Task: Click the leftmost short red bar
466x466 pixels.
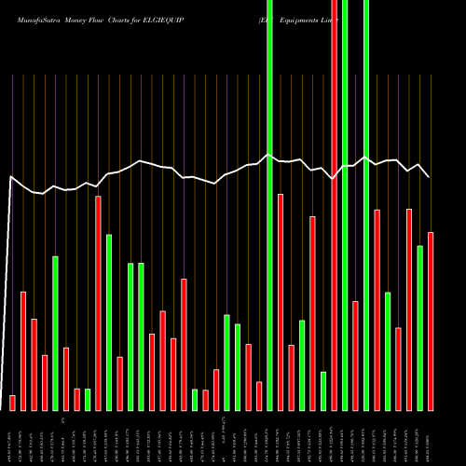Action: (x=12, y=403)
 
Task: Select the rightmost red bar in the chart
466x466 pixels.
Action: (x=431, y=321)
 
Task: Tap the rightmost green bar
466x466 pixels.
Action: (x=419, y=327)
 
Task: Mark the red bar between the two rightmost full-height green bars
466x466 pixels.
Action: (x=355, y=355)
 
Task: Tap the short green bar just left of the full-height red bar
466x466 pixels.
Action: (x=323, y=391)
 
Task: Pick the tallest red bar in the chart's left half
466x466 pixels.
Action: (x=98, y=303)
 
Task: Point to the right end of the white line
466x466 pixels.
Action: (x=430, y=176)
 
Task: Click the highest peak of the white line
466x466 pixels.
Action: (x=269, y=155)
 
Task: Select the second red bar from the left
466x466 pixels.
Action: (x=23, y=350)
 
